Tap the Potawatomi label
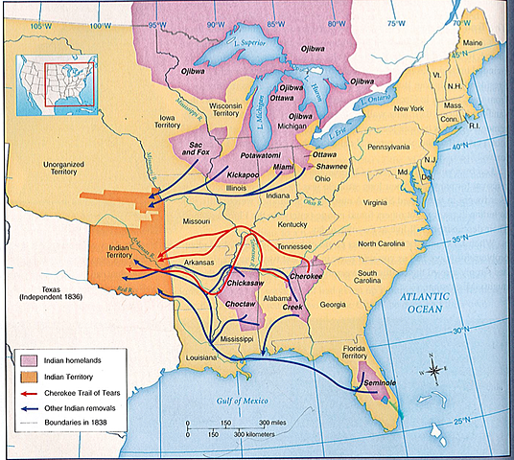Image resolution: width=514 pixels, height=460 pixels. coord(260,154)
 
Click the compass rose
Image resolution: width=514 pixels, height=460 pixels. coord(432,369)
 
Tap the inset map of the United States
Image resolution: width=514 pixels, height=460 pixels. coord(48,73)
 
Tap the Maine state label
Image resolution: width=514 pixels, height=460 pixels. coord(471,42)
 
